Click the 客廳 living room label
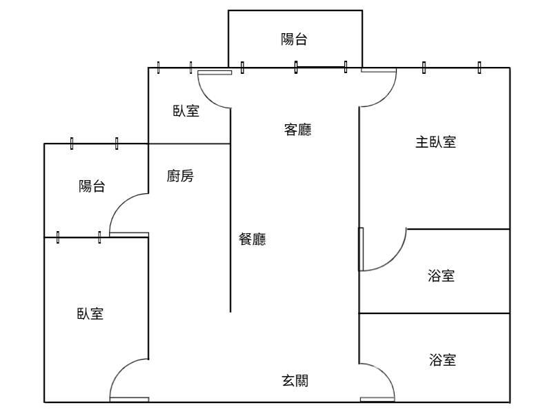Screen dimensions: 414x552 pyautogui.click(x=297, y=129)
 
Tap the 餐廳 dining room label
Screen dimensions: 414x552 pyautogui.click(x=253, y=239)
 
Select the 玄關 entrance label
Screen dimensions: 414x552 pyautogui.click(x=295, y=380)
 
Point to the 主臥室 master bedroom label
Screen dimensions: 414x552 pyautogui.click(x=435, y=143)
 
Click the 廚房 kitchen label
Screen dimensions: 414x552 pyautogui.click(x=180, y=177)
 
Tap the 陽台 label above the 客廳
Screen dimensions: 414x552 pyautogui.click(x=294, y=39)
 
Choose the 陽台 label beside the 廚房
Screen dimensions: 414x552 pyautogui.click(x=92, y=186)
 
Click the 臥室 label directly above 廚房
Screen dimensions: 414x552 pyautogui.click(x=186, y=110)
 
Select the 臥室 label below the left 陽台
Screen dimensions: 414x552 pyautogui.click(x=90, y=314)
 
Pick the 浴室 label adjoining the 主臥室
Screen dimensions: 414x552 pyautogui.click(x=442, y=276)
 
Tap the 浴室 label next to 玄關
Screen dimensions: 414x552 pyautogui.click(x=442, y=359)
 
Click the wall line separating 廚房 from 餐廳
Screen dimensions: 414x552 pyautogui.click(x=230, y=228)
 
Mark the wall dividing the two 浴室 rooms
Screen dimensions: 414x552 pyautogui.click(x=435, y=314)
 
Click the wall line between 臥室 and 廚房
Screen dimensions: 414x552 pyautogui.click(x=190, y=144)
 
